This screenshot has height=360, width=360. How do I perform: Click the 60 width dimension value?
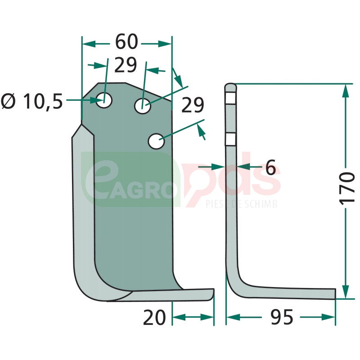click(126, 42)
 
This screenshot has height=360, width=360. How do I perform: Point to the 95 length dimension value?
click(282, 317)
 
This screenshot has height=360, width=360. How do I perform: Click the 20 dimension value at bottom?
click(154, 318)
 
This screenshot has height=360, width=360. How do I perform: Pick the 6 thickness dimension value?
click(270, 167)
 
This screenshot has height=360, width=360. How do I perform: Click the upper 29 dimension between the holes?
click(126, 65)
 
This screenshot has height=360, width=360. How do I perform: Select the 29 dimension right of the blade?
click(193, 105)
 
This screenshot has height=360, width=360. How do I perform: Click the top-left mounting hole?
click(104, 100)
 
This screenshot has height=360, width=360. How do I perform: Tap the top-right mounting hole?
click(143, 106)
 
